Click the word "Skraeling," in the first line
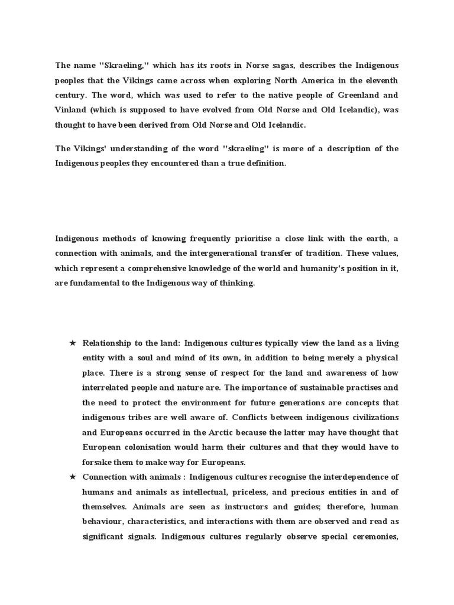[x=122, y=65]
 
